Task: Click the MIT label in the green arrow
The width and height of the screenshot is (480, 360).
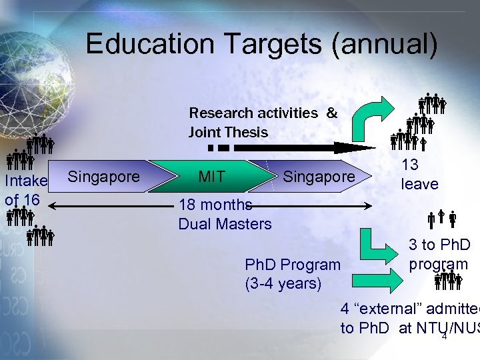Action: [212, 177]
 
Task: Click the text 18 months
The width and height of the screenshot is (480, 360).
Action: [215, 205]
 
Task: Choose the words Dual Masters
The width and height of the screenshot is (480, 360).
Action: [225, 224]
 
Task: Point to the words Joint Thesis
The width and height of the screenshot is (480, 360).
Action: [228, 132]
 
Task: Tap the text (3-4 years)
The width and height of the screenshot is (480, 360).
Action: [283, 283]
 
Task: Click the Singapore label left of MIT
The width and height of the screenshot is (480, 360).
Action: [104, 177]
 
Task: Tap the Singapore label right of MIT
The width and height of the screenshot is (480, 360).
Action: [319, 177]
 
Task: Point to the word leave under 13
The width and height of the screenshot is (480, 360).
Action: [419, 183]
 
